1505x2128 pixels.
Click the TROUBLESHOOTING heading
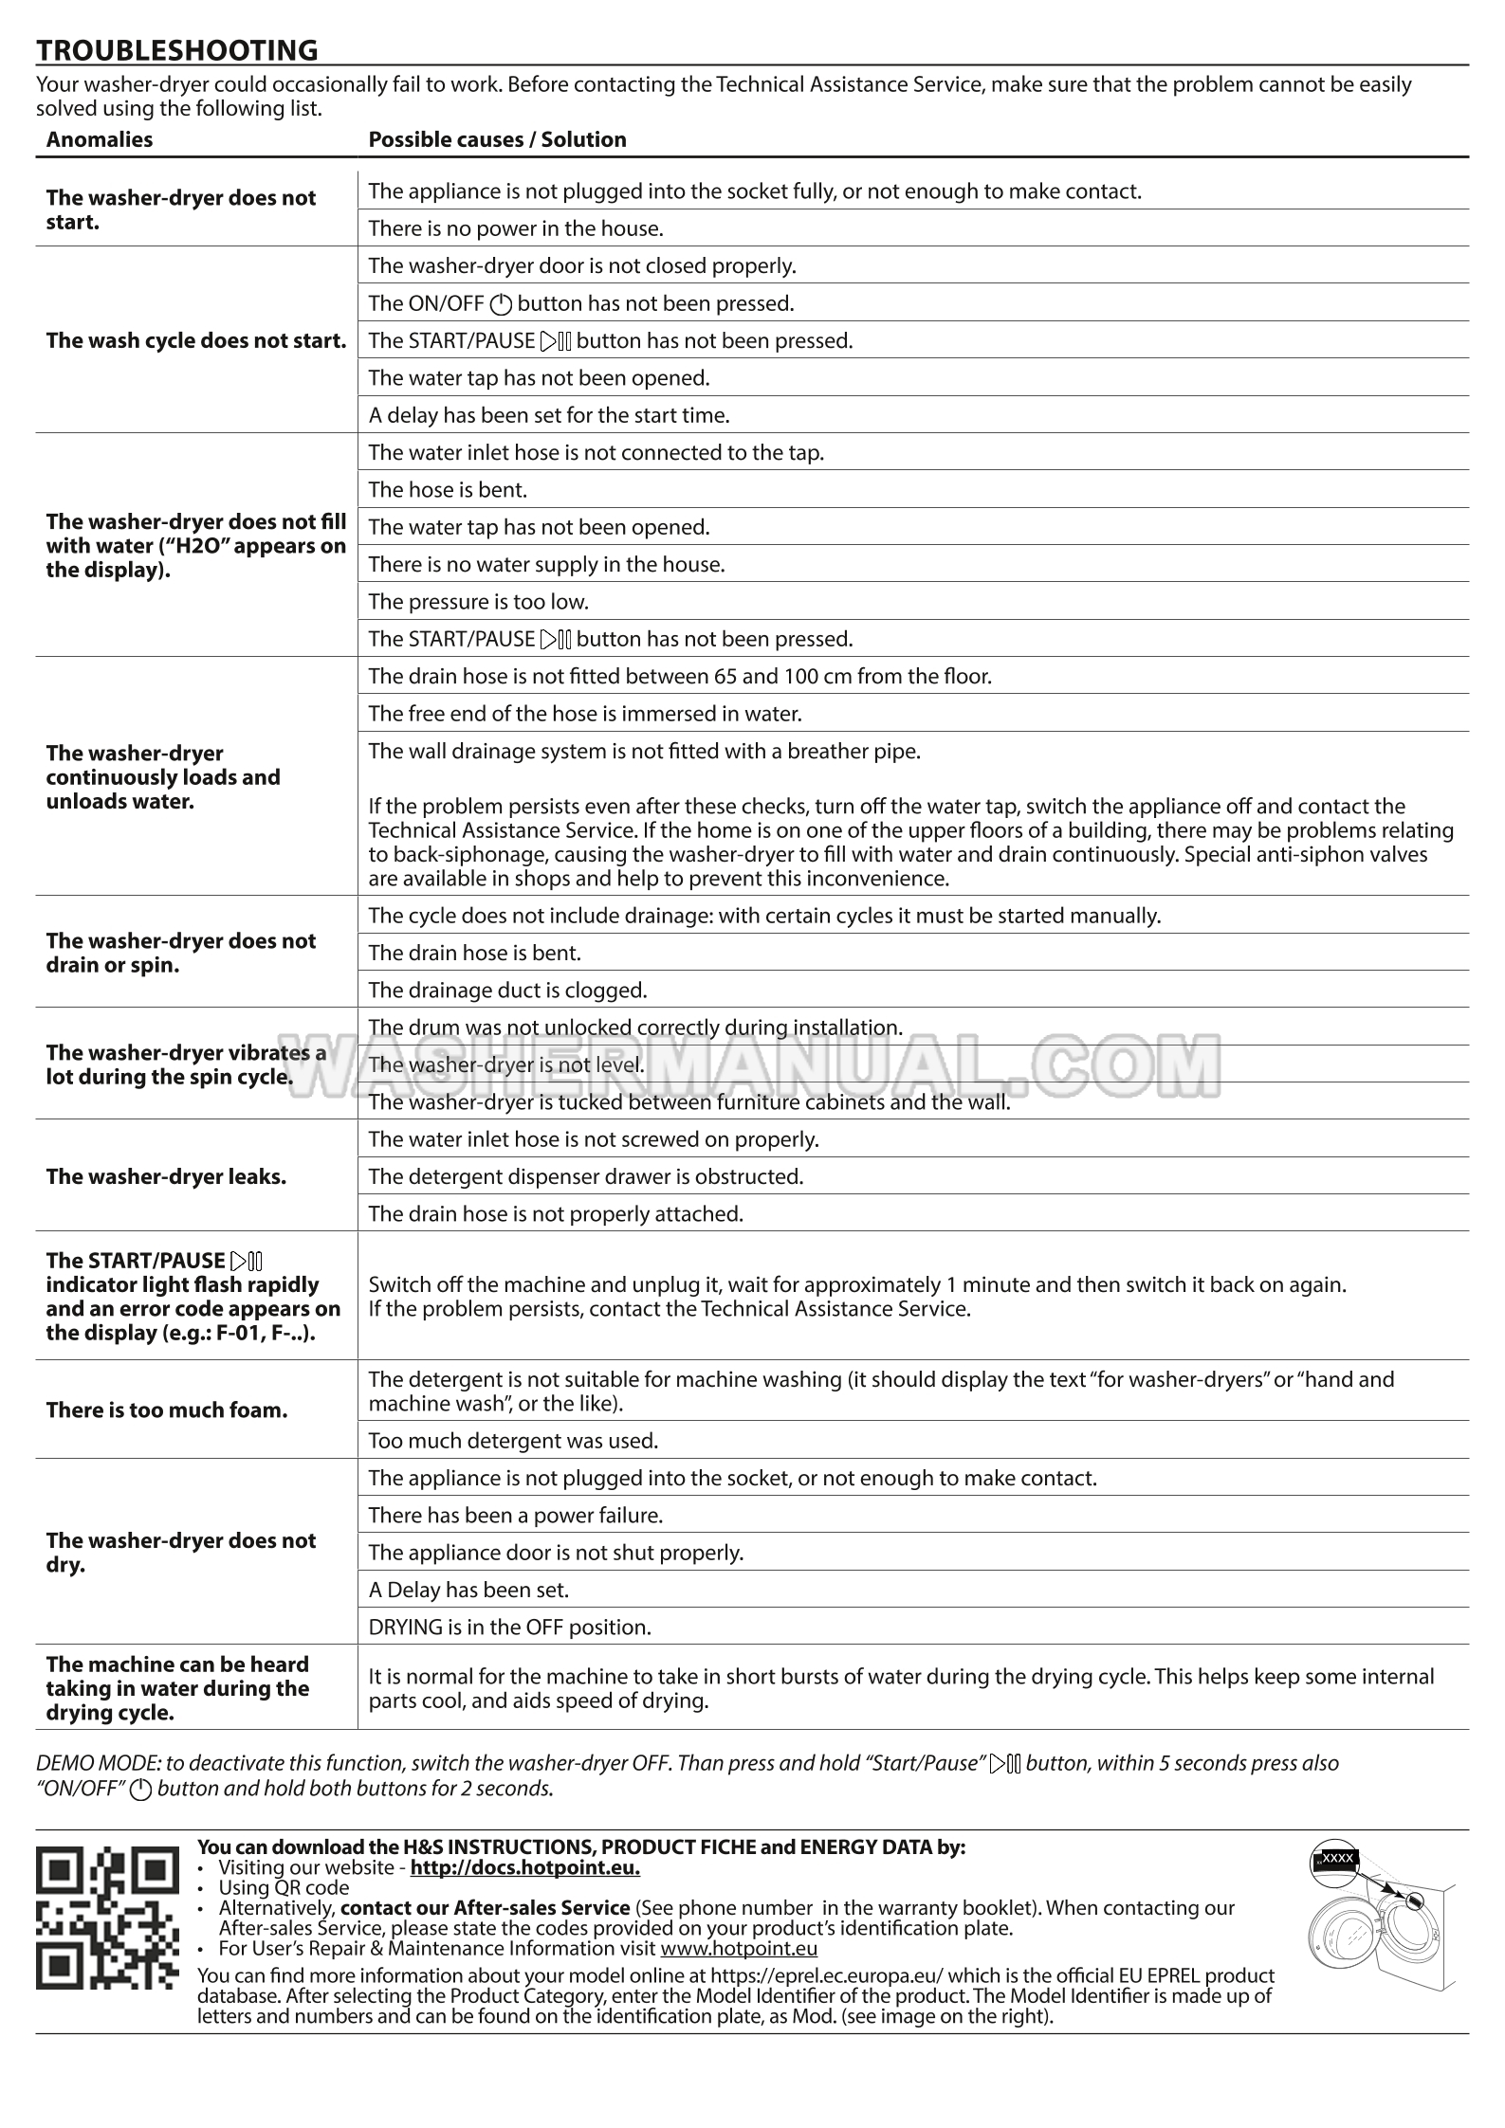[176, 49]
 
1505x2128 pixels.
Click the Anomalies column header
[99, 139]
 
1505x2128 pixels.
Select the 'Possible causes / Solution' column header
[497, 139]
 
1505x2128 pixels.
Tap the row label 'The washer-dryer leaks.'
[166, 1176]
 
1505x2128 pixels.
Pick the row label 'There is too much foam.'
[166, 1410]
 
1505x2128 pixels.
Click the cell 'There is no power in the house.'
[515, 228]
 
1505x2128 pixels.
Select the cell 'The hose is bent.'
[448, 489]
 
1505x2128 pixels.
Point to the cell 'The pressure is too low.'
[478, 601]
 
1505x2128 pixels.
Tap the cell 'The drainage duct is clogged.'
[507, 990]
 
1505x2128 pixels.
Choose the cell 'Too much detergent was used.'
[513, 1441]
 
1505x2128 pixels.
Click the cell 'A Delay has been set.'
[468, 1590]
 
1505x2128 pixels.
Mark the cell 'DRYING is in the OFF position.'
[509, 1628]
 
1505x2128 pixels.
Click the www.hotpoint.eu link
[738, 1948]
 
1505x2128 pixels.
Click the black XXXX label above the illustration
[1335, 1858]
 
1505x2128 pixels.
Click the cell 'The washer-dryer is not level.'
[505, 1064]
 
